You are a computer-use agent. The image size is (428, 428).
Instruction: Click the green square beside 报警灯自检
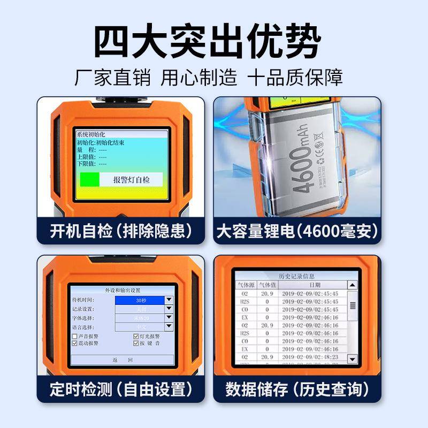coord(88,179)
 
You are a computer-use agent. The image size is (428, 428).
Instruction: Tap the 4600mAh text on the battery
coord(305,166)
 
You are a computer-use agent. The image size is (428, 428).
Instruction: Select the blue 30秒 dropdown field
coord(140,301)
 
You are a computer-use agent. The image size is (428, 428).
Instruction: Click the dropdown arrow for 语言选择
coord(169,326)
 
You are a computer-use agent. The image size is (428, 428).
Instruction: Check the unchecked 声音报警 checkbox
coord(74,336)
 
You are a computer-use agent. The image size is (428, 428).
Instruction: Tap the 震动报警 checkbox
coord(74,343)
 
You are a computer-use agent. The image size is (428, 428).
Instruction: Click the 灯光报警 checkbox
coord(135,336)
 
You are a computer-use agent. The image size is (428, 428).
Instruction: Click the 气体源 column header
coord(246,285)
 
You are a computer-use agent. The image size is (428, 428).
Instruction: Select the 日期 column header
coord(315,285)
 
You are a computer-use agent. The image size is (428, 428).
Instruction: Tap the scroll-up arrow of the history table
coord(352,286)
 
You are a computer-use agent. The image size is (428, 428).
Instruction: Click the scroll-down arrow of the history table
coord(352,358)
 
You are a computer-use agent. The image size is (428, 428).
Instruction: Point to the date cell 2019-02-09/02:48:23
coord(311,357)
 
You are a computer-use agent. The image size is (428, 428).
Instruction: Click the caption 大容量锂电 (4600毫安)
coord(297,232)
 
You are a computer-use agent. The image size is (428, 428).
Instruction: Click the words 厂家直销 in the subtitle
coord(113,78)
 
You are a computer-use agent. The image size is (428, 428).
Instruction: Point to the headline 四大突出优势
coord(209,40)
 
